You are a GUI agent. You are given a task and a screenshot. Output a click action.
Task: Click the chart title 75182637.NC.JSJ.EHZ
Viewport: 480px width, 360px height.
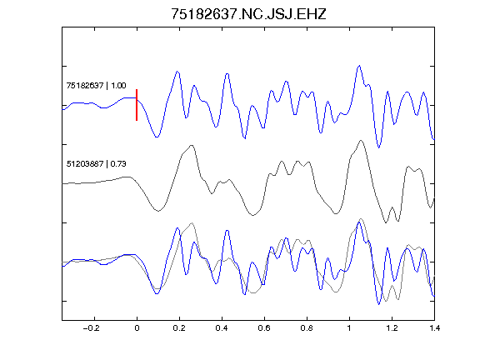click(x=248, y=14)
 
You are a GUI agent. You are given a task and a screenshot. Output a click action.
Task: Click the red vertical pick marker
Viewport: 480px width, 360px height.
click(x=137, y=105)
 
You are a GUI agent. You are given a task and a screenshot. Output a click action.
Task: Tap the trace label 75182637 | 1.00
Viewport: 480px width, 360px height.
click(x=96, y=85)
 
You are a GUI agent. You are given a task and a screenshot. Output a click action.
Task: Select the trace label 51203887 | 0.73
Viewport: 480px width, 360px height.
click(x=96, y=164)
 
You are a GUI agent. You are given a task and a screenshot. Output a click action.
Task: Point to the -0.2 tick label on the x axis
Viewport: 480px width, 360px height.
click(x=91, y=328)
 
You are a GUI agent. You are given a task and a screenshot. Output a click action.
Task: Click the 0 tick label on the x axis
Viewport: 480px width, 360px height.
click(x=137, y=328)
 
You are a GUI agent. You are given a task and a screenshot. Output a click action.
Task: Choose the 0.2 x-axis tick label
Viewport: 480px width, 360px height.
click(x=179, y=328)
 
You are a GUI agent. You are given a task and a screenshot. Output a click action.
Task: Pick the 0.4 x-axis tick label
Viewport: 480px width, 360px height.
click(x=222, y=328)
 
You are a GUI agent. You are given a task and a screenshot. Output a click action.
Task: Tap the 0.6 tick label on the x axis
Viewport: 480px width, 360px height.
click(x=264, y=328)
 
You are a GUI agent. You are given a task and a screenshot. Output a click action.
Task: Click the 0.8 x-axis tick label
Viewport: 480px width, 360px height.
click(x=307, y=328)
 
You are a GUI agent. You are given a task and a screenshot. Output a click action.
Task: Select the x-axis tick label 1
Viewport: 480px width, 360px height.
click(x=349, y=328)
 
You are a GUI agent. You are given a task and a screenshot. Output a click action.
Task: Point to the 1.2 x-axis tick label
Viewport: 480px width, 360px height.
click(x=392, y=328)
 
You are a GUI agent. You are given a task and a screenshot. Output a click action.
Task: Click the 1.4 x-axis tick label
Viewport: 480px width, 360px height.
click(x=434, y=328)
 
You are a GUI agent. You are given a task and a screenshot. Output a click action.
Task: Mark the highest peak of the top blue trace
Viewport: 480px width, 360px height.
click(x=359, y=66)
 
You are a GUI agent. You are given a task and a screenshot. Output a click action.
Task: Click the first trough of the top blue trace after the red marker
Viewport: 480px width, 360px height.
click(x=157, y=137)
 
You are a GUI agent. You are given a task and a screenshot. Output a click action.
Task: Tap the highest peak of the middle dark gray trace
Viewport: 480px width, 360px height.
click(x=361, y=141)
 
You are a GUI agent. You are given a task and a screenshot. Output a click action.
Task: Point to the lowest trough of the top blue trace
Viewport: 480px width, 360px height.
click(x=378, y=147)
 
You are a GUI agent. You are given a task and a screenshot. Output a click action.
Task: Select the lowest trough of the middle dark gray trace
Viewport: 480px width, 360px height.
click(x=386, y=222)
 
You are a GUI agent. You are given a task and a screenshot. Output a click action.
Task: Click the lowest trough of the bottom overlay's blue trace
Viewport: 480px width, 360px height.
click(x=378, y=304)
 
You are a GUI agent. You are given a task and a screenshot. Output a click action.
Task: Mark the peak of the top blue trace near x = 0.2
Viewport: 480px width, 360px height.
click(x=177, y=72)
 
